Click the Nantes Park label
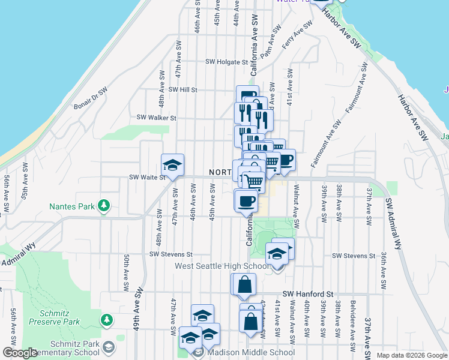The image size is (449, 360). [72, 206]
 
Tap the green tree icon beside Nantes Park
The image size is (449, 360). [104, 206]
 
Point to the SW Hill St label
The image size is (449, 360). [183, 89]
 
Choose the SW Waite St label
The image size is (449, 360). [148, 178]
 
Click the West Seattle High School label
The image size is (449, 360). [221, 266]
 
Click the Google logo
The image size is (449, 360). [19, 353]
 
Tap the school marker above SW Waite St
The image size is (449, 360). [172, 165]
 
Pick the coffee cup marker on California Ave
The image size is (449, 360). [246, 201]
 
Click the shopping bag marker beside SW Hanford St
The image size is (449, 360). [244, 284]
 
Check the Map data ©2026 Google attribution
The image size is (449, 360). [411, 355]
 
